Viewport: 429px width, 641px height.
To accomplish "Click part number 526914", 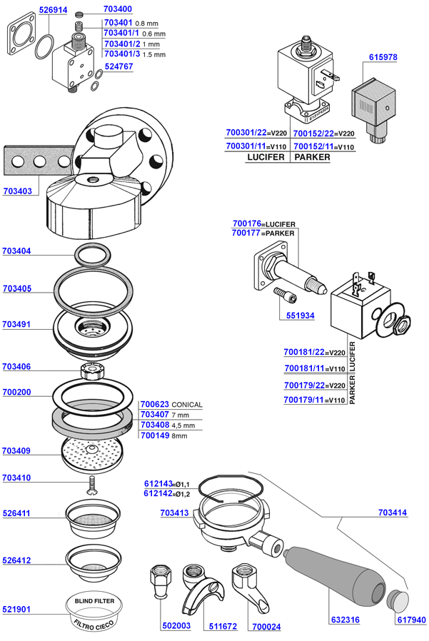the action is click(x=53, y=10).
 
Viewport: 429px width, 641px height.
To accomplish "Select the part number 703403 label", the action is click(x=18, y=191).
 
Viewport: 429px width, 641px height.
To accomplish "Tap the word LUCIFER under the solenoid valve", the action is click(x=266, y=157).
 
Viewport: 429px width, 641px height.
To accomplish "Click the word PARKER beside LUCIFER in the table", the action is click(x=312, y=157).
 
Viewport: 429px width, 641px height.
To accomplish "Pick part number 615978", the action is click(x=383, y=57).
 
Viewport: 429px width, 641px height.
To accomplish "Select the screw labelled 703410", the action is click(x=91, y=485).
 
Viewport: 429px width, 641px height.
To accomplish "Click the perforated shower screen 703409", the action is click(x=91, y=454).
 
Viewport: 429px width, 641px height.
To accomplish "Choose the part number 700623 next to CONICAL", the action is click(x=155, y=404).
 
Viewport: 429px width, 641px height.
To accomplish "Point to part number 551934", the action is click(x=301, y=316).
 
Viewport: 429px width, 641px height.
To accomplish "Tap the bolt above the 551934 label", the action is click(x=284, y=295).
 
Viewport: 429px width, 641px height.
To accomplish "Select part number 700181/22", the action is click(x=304, y=352).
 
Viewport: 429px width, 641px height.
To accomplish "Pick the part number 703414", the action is click(x=393, y=513).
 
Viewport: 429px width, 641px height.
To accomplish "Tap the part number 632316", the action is click(x=345, y=620).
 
